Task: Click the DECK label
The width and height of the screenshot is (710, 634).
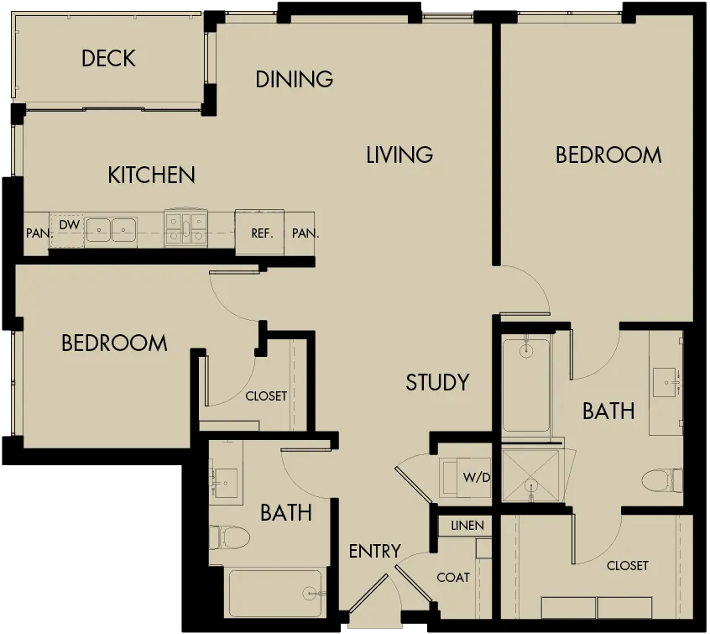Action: (108, 59)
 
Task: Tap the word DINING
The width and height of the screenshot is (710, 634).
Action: (295, 79)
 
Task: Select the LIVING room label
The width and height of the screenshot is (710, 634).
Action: (399, 155)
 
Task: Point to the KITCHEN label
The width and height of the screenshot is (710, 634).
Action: (151, 175)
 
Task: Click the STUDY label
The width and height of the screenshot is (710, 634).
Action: (437, 382)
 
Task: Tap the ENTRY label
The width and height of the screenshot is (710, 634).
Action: (375, 551)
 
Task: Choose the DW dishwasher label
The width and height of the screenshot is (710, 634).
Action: (70, 224)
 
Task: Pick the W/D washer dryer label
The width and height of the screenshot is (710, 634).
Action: (477, 477)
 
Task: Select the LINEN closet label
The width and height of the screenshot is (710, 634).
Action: (467, 526)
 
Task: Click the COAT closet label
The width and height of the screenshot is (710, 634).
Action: (453, 578)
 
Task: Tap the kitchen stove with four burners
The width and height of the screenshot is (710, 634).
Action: (186, 228)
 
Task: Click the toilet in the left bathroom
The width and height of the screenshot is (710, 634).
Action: (230, 538)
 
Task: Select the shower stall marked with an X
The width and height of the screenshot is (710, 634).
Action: (530, 476)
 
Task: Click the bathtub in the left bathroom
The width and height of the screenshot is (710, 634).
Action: (275, 593)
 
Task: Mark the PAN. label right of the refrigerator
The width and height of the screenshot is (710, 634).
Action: (305, 233)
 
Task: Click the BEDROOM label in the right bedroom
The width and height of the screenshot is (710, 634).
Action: (608, 155)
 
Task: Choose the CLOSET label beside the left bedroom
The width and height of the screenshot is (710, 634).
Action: (266, 396)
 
